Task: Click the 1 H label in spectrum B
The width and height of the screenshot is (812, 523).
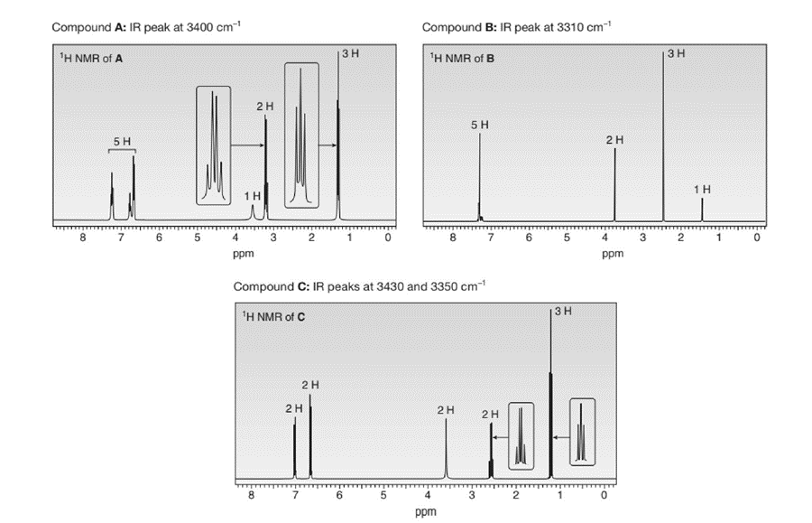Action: pos(702,189)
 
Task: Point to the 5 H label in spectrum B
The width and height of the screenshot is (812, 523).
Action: pos(480,124)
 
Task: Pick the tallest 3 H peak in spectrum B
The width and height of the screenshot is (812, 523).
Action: pos(663,135)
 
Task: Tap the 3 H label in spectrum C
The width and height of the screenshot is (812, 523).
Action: pos(563,312)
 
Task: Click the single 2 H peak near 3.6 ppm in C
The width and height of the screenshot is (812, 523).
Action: pos(446,447)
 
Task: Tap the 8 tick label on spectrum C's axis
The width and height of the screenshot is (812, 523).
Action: pos(252,496)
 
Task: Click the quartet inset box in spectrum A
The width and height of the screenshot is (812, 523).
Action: pos(214,145)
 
